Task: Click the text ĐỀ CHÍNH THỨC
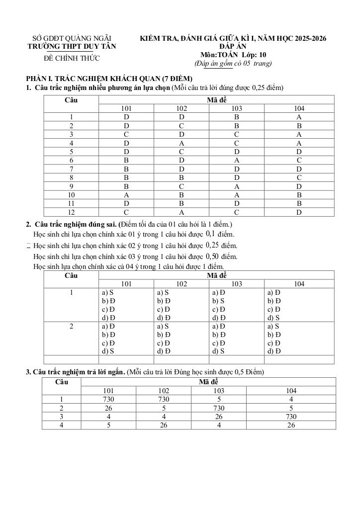point(72,58)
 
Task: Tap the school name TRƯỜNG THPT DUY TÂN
point(72,46)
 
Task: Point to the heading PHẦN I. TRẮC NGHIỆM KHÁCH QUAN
point(109,79)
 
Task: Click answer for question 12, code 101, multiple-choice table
point(126,212)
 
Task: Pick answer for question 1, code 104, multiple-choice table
point(299,117)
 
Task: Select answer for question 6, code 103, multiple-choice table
point(237,161)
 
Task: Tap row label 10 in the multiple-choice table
point(72,195)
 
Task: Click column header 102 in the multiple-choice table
point(181,108)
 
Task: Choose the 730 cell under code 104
point(291,417)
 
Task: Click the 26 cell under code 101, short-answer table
point(108,408)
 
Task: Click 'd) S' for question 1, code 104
point(273,318)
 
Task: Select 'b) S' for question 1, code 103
point(218,301)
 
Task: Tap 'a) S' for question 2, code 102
point(163,327)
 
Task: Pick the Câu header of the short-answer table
point(62,382)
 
